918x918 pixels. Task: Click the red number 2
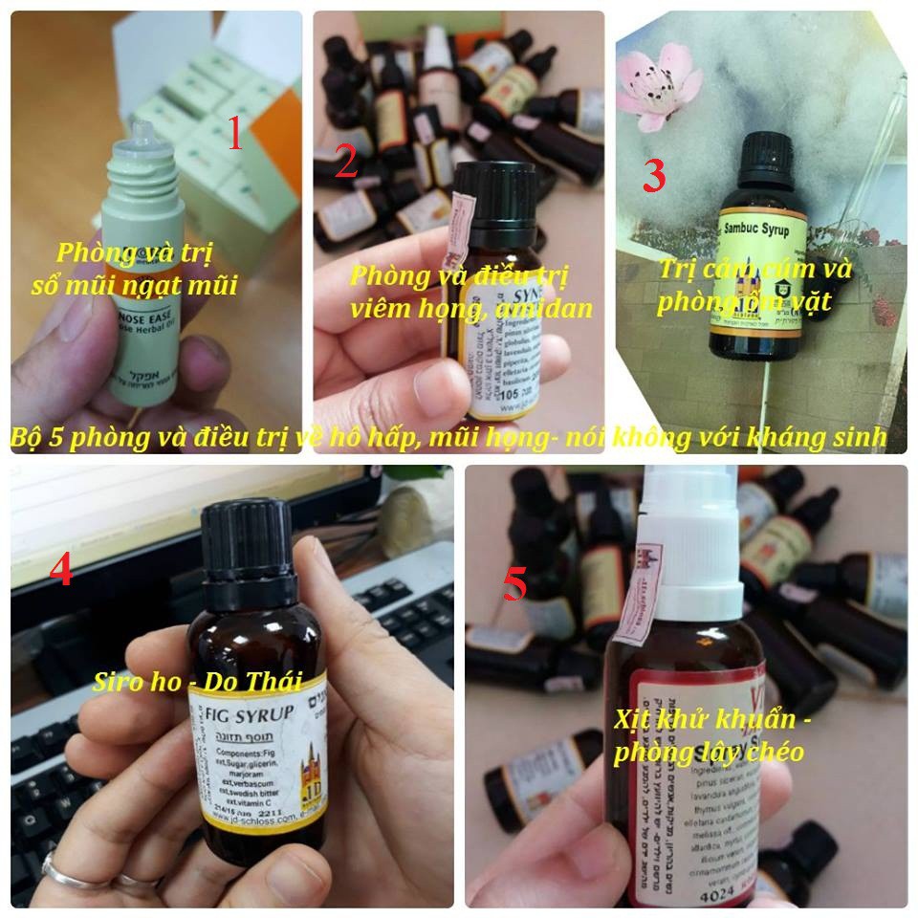[346, 164]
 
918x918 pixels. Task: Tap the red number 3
[653, 176]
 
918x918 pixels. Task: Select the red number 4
[60, 571]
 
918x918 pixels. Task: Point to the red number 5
[514, 584]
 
